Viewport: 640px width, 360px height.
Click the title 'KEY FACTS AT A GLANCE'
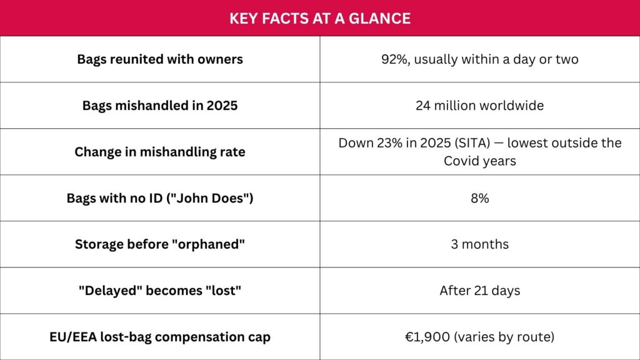click(320, 18)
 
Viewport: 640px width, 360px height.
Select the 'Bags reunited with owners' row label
click(160, 59)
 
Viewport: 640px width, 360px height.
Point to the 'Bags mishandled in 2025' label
click(160, 105)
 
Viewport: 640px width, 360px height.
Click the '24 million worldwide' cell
click(479, 105)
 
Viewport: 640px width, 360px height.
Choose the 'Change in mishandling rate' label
click(160, 152)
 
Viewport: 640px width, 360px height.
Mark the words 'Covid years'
click(479, 161)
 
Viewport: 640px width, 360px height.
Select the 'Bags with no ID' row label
click(160, 198)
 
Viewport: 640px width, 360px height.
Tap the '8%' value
click(479, 198)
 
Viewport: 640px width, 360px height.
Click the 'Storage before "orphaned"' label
click(160, 244)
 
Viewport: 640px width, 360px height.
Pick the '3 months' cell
click(479, 244)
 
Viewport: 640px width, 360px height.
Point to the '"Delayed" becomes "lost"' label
click(160, 291)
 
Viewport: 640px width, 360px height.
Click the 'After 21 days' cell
click(479, 291)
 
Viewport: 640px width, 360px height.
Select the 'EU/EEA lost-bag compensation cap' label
click(160, 337)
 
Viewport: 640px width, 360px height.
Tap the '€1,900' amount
click(427, 337)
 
